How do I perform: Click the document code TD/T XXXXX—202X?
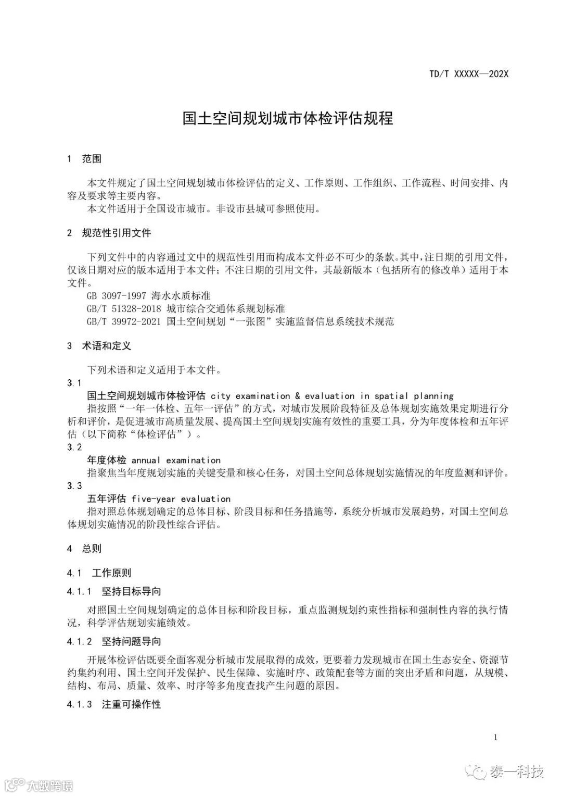(468, 74)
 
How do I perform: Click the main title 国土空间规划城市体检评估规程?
(287, 118)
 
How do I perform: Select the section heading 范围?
(92, 159)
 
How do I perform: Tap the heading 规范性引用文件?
(117, 233)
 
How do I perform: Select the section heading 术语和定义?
(106, 346)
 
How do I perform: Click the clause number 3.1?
(74, 383)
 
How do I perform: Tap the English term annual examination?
(176, 461)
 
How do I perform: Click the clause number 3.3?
(74, 486)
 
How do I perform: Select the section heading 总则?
(92, 549)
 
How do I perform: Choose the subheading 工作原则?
(111, 573)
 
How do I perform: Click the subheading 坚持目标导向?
(131, 591)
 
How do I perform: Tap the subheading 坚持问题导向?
(131, 641)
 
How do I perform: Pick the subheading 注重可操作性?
(131, 704)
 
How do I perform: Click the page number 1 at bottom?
(495, 737)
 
